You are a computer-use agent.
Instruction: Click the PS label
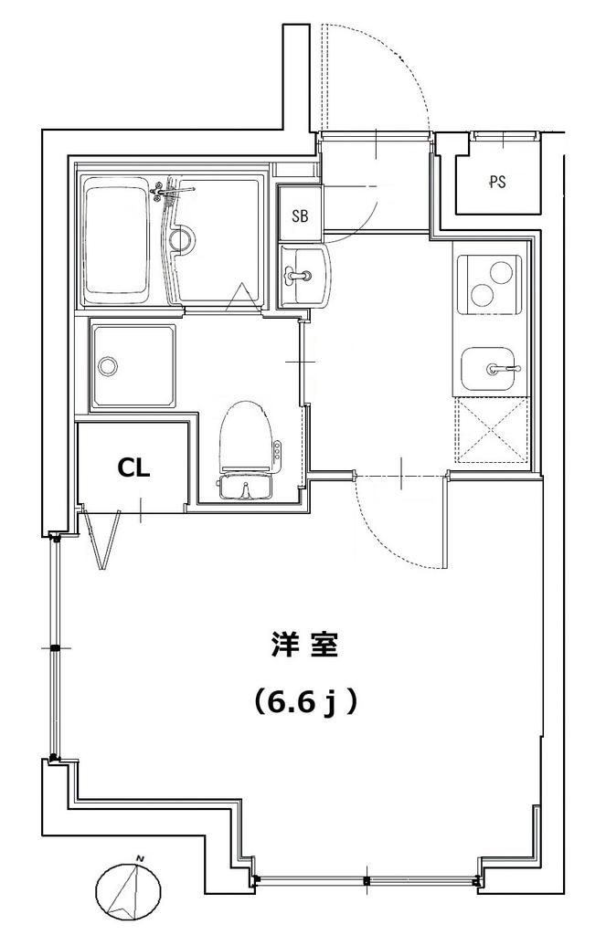click(497, 182)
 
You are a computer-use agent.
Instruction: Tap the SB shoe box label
click(299, 216)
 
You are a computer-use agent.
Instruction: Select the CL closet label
click(133, 467)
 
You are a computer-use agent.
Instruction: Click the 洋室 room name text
click(304, 646)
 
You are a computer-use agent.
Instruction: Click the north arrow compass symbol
click(127, 891)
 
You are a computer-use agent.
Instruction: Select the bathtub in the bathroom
click(115, 242)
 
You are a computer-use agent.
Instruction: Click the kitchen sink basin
click(490, 370)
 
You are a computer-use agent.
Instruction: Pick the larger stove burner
click(480, 294)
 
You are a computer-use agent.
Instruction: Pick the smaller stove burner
click(501, 271)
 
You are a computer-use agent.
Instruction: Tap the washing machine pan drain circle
click(108, 367)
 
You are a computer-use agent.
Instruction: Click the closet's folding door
click(102, 541)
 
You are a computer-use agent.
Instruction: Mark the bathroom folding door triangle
click(241, 297)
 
